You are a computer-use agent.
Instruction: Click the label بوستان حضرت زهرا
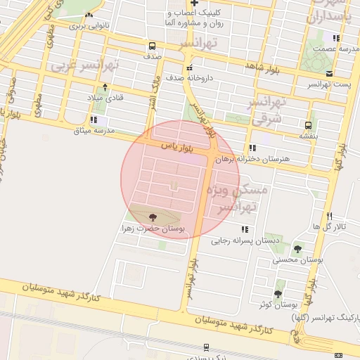[x=153, y=229]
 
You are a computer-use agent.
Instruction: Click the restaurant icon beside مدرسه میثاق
[x=94, y=120]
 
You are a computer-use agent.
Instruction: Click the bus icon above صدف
[x=153, y=45]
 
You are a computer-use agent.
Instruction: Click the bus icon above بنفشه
[x=309, y=125]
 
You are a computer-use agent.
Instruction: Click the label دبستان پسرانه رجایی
[x=240, y=240]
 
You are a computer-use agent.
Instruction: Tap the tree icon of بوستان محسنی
[x=297, y=250]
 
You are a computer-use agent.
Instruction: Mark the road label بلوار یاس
[x=177, y=147]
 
